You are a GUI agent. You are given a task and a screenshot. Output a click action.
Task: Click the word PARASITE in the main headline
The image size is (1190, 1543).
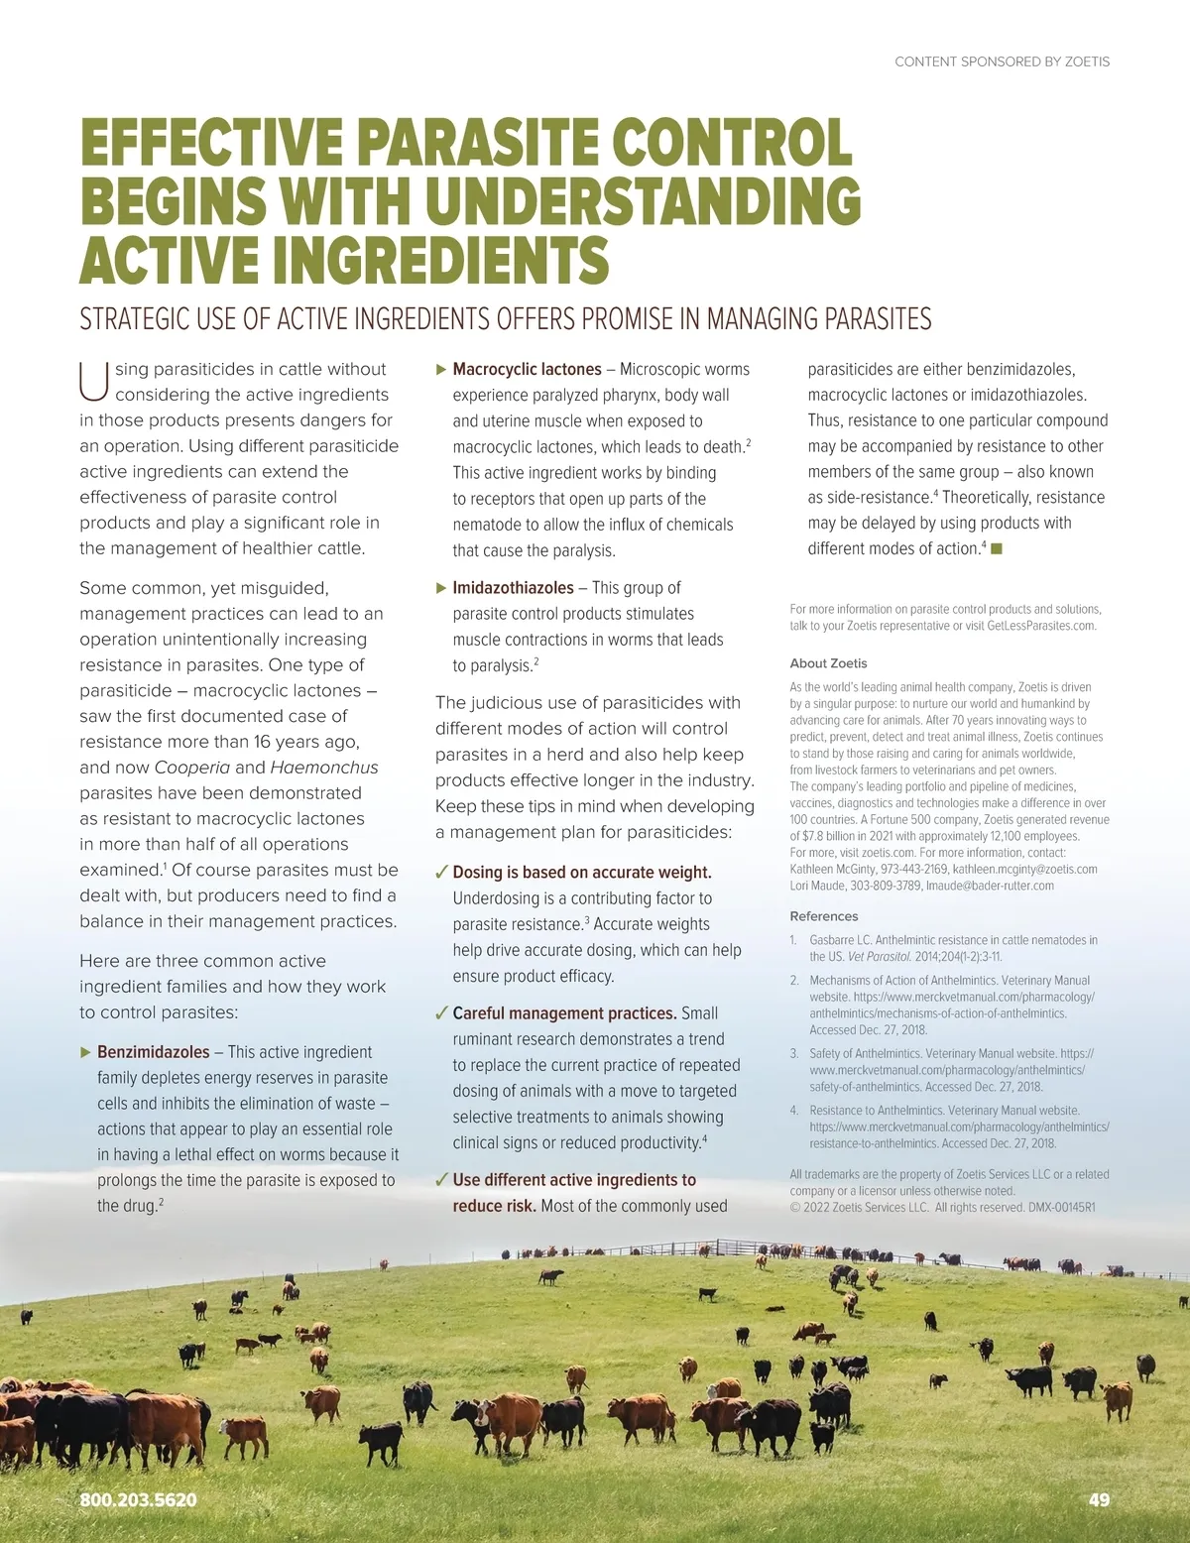click(475, 142)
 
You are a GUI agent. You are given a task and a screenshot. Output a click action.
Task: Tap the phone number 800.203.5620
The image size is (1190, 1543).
click(138, 1499)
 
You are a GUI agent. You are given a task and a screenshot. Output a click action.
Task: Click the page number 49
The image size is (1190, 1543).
click(1099, 1499)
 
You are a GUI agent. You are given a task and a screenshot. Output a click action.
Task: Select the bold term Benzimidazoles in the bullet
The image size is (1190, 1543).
click(154, 1052)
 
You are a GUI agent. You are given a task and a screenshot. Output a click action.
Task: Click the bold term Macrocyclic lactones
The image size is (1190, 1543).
click(527, 369)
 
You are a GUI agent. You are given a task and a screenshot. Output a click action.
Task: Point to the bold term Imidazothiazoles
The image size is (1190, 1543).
click(513, 588)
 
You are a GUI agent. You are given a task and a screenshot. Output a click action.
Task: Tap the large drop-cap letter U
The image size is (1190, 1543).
click(93, 382)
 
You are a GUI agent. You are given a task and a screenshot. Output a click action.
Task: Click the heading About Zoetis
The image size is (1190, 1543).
click(828, 663)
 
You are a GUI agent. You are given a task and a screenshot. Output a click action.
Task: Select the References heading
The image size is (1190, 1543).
click(823, 916)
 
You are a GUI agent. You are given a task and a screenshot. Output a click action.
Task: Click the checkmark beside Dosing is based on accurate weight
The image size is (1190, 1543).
click(441, 873)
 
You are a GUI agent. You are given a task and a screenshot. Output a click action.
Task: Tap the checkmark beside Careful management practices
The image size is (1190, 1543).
click(441, 1013)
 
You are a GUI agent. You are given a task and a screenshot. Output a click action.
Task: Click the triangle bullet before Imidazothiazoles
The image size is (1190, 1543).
click(441, 588)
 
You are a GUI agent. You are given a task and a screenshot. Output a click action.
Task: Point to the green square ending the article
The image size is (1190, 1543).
click(997, 548)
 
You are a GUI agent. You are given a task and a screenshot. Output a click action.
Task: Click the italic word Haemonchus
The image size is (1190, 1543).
click(323, 768)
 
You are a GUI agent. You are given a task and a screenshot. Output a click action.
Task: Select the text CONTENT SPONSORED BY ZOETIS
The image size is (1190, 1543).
click(1002, 61)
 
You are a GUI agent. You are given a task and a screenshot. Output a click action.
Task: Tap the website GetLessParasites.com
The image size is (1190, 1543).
click(1041, 626)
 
